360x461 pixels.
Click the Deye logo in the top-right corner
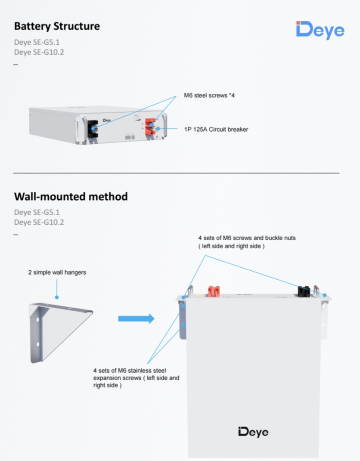(x=320, y=30)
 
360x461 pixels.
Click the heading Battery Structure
(x=57, y=26)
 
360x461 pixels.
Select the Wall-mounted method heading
(x=71, y=197)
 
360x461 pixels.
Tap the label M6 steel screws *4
(x=209, y=96)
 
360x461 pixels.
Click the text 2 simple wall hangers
(x=57, y=272)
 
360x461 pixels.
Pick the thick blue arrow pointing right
(x=136, y=319)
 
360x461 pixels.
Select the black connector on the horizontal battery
(x=93, y=129)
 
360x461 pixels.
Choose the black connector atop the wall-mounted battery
(x=304, y=291)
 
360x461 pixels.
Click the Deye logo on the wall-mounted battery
(x=253, y=432)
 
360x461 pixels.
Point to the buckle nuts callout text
(x=247, y=242)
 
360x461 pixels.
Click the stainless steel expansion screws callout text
(x=136, y=378)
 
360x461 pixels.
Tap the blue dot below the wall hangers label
(x=56, y=297)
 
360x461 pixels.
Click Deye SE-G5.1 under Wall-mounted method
(x=37, y=212)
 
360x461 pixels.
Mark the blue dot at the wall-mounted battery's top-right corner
(x=325, y=295)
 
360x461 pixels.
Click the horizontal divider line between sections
(x=176, y=173)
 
